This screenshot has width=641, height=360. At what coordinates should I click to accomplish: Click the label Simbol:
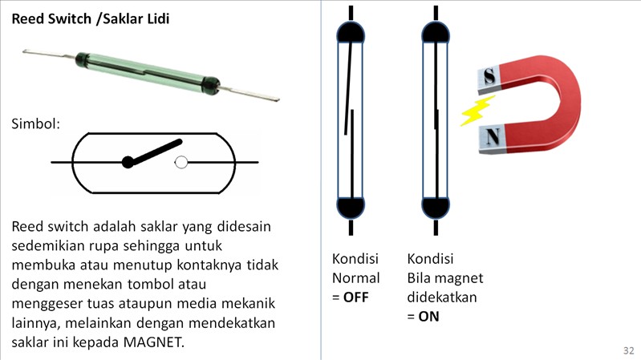tap(35, 123)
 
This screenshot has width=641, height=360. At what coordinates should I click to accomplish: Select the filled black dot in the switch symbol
tap(128, 162)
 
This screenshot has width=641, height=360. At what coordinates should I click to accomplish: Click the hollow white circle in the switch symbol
tap(181, 162)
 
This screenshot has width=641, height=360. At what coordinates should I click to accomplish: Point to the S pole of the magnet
tap(489, 77)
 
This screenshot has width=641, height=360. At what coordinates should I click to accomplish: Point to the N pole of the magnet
tap(493, 137)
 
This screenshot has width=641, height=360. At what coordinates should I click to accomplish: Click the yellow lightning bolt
tap(477, 110)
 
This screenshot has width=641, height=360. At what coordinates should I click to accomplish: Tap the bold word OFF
tap(355, 297)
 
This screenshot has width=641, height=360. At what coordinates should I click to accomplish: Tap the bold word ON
tap(429, 316)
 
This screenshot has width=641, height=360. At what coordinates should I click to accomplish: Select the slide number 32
tap(629, 350)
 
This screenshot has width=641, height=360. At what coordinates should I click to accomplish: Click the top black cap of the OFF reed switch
tap(351, 33)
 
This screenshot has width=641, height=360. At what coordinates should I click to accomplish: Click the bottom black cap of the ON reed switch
tap(436, 207)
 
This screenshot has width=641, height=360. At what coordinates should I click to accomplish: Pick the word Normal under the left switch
tap(355, 278)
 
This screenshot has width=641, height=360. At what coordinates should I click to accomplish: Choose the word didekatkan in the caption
tap(442, 297)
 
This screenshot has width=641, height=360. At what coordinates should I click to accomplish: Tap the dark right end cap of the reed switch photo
tap(211, 85)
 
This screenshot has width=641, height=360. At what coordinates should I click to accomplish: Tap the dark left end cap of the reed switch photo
tap(82, 59)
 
